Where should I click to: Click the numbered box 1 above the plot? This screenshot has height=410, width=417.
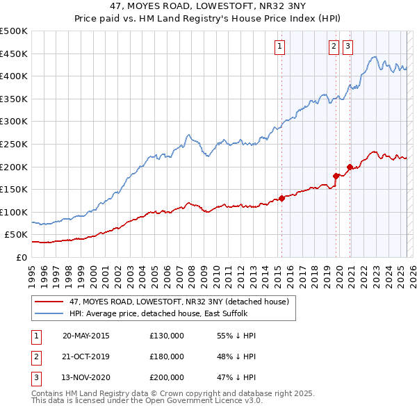pyautogui.click(x=279, y=47)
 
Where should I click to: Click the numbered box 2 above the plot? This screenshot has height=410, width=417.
pyautogui.click(x=334, y=47)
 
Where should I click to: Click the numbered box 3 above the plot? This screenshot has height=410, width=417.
pyautogui.click(x=347, y=47)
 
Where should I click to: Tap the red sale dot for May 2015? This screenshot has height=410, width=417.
pyautogui.click(x=282, y=198)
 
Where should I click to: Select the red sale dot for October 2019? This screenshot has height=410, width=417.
pyautogui.click(x=336, y=176)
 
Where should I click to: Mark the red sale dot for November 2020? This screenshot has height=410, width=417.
pyautogui.click(x=350, y=167)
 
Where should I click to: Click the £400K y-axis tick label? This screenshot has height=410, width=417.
pyautogui.click(x=15, y=76)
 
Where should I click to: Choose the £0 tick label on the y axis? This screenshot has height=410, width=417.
pyautogui.click(x=22, y=257)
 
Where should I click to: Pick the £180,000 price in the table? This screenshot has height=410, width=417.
pyautogui.click(x=167, y=356)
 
